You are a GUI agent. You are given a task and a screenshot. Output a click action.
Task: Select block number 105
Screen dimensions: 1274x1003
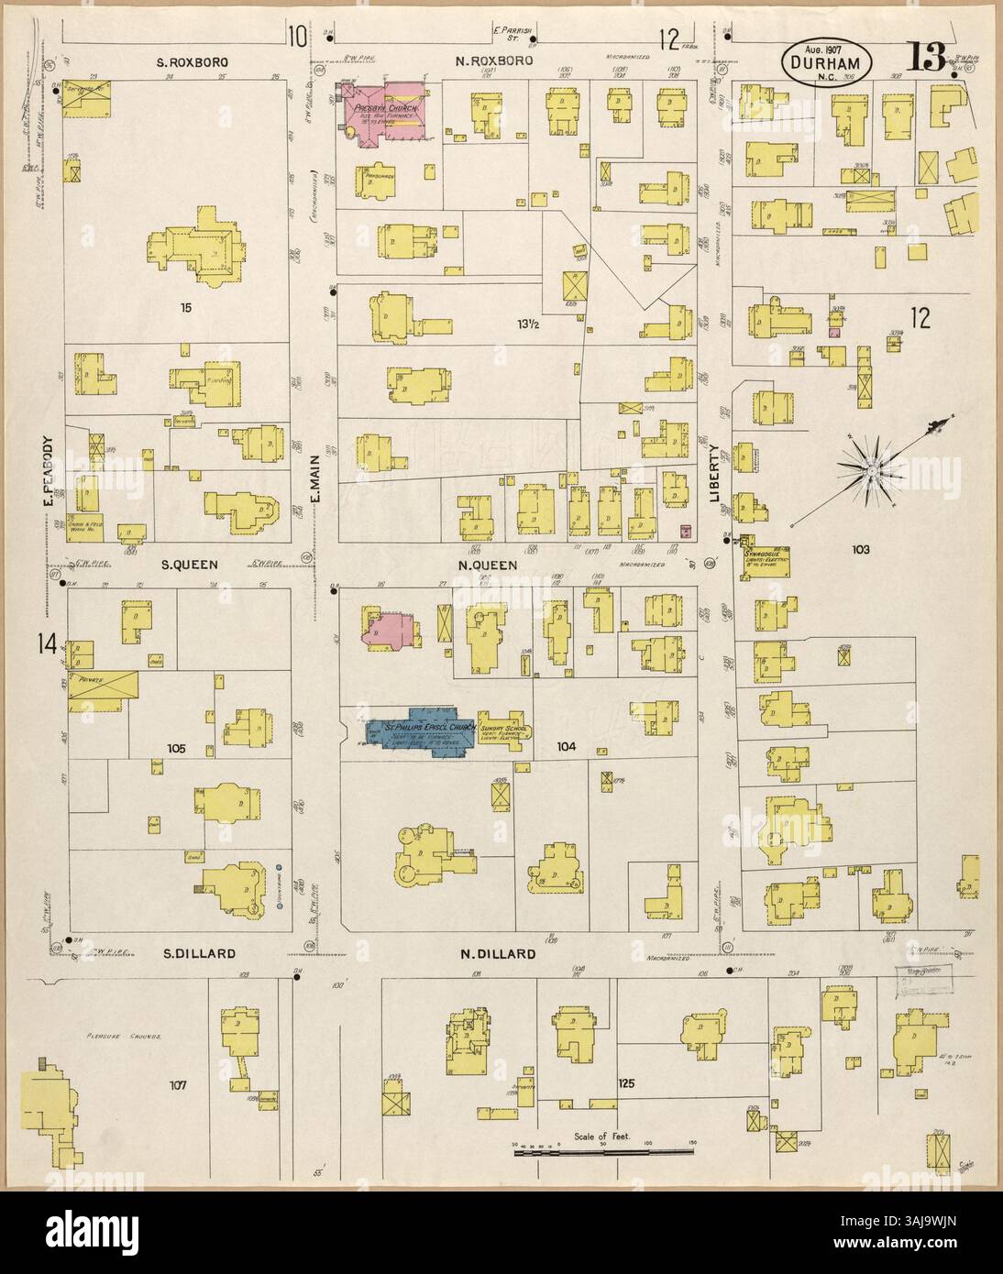177,749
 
